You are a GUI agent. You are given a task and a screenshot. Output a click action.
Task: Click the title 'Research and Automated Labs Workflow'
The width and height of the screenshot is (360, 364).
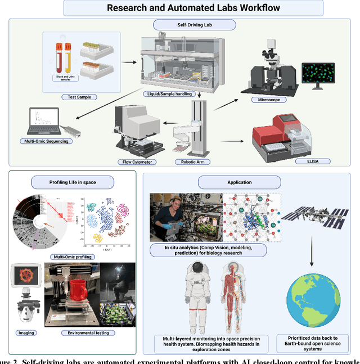193,8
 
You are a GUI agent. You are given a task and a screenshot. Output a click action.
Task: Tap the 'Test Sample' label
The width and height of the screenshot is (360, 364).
79,96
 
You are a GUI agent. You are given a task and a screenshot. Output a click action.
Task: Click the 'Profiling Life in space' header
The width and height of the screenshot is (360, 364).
73,181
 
